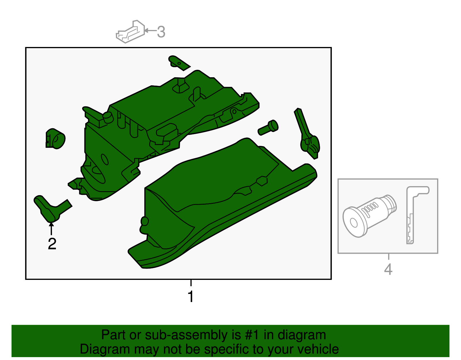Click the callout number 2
pos(52,244)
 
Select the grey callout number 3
pos(161,32)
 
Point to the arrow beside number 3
pos(150,31)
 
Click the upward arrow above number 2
pos(51,228)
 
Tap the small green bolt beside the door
pos(268,127)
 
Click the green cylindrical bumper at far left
pos(55,139)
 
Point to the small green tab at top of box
pos(179,63)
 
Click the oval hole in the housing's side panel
pos(105,159)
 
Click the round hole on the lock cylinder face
pos(354,223)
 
